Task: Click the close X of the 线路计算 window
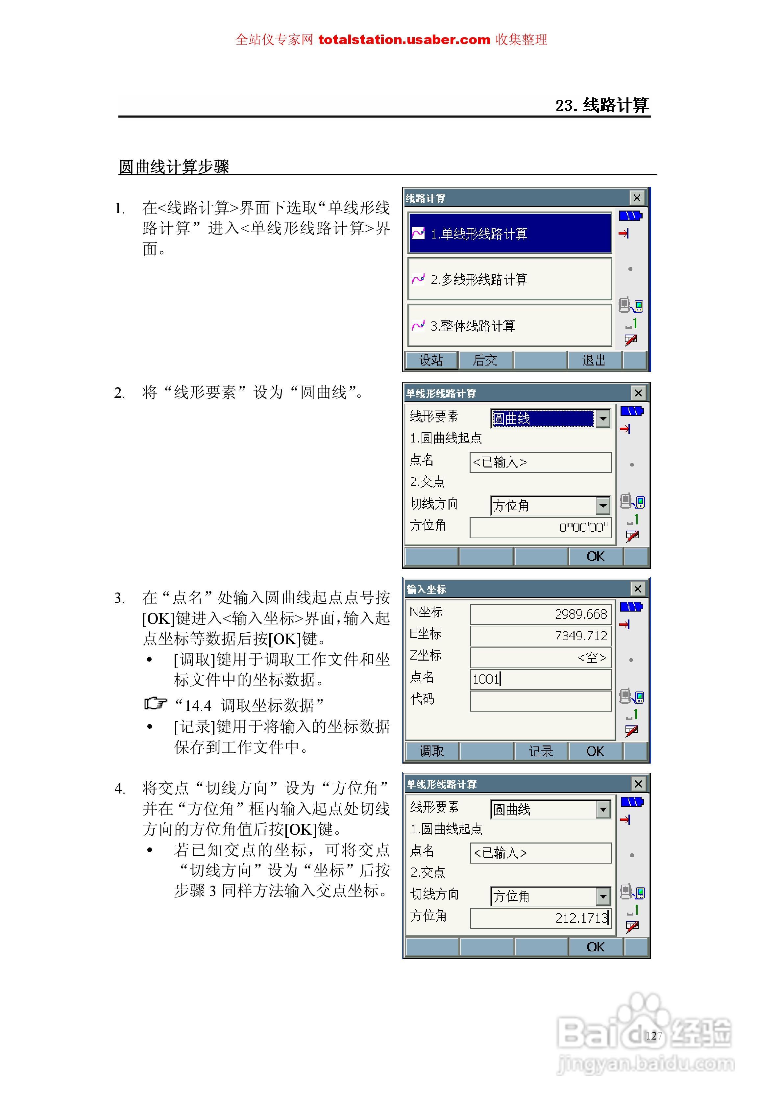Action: pyautogui.click(x=637, y=198)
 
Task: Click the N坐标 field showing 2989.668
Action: pyautogui.click(x=540, y=614)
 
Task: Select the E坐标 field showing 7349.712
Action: pyautogui.click(x=540, y=636)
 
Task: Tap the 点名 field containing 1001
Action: pyautogui.click(x=540, y=679)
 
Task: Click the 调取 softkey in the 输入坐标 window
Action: pyautogui.click(x=431, y=751)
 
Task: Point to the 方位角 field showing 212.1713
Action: pyautogui.click(x=540, y=918)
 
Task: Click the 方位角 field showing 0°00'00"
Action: pyautogui.click(x=540, y=527)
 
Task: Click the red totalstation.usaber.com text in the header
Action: pyautogui.click(x=404, y=39)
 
